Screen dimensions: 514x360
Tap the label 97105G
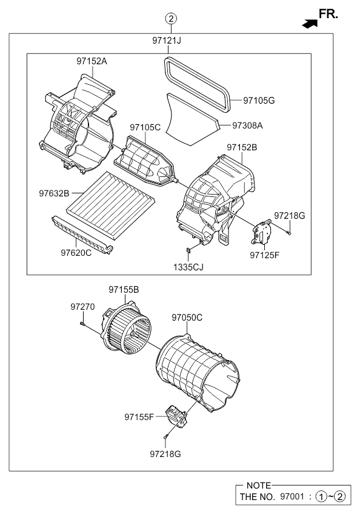[x=259, y=100]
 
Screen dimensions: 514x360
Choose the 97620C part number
[x=75, y=252]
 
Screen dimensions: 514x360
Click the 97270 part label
[x=83, y=307]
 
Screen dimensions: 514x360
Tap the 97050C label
[x=187, y=317]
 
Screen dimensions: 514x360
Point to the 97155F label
[x=140, y=417]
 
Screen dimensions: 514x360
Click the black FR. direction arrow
[x=310, y=22]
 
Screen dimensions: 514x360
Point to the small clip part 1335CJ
[x=189, y=250]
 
